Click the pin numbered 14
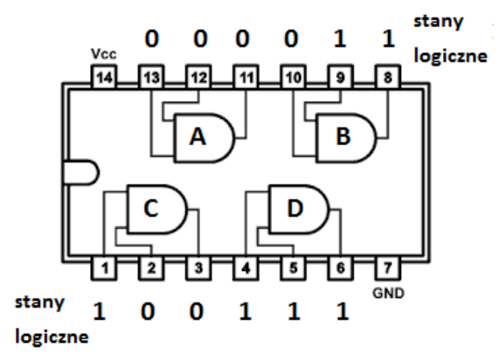point(104,77)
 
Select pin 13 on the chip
point(151,77)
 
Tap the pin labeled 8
point(388,77)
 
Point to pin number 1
point(104,268)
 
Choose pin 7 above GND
point(388,268)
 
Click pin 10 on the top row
point(293,77)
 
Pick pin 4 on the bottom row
point(246,268)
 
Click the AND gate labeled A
point(204,138)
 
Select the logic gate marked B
point(346,138)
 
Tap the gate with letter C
point(157,209)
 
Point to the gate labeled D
point(299,209)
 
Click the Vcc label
point(104,54)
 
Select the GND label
point(388,294)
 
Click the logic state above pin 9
point(340,38)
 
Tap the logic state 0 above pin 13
point(151,38)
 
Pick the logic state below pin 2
point(148,311)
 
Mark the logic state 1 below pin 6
point(343,311)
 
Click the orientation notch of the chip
point(82,172)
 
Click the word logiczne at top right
point(451,56)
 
